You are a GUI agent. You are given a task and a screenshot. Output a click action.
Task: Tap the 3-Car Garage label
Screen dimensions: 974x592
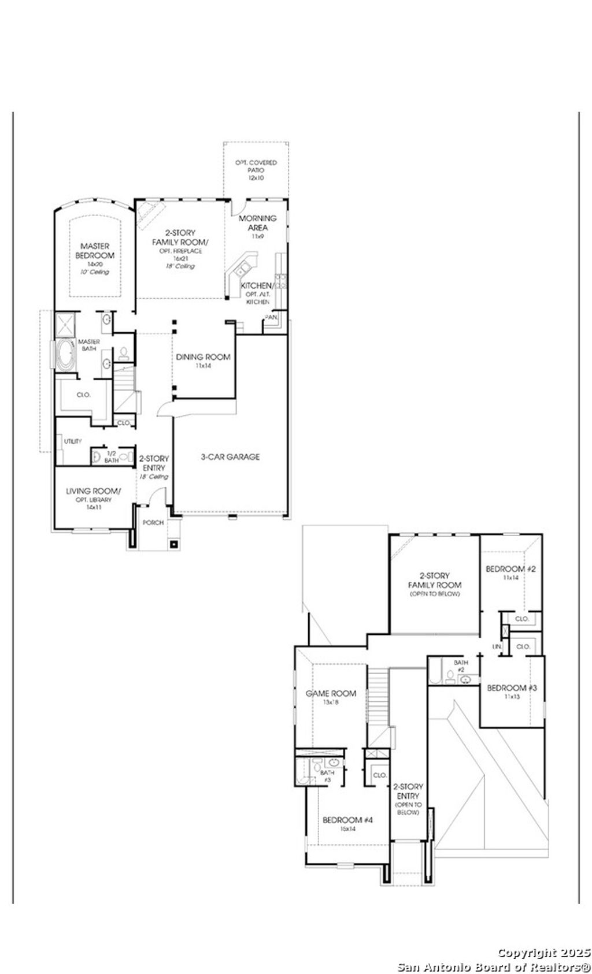pyautogui.click(x=230, y=457)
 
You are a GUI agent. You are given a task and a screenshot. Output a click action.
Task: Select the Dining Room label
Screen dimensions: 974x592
pyautogui.click(x=203, y=357)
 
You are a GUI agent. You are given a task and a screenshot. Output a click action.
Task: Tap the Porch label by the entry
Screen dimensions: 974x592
pyautogui.click(x=153, y=523)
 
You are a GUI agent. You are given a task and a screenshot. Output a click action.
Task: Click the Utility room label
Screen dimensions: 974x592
pyautogui.click(x=73, y=441)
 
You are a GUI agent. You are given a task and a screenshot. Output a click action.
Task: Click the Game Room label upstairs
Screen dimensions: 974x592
pyautogui.click(x=331, y=693)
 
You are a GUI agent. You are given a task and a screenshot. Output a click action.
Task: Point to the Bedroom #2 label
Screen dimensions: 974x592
pyautogui.click(x=510, y=570)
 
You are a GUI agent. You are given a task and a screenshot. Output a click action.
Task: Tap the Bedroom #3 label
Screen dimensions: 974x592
pyautogui.click(x=512, y=688)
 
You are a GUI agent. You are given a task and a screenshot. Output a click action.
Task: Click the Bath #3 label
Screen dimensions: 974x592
pyautogui.click(x=327, y=776)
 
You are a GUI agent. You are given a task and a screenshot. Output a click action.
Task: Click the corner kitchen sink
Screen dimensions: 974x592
pyautogui.click(x=240, y=268)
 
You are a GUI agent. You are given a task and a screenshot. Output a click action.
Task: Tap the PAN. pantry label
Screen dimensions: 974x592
pyautogui.click(x=271, y=317)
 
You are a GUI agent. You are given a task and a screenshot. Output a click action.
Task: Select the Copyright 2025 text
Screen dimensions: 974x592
pyautogui.click(x=543, y=953)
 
